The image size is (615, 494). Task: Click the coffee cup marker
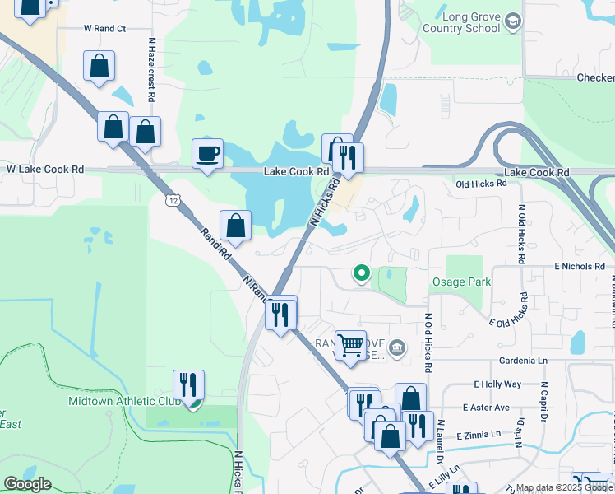point(207,153)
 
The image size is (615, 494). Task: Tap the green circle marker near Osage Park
point(360,273)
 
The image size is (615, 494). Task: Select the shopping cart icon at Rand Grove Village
point(350,344)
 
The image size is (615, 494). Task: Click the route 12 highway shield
point(171,200)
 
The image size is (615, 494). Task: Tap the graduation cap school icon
point(513,21)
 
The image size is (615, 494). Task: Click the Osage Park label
point(461,282)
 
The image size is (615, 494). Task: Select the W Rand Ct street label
point(104,28)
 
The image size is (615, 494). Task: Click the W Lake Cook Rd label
point(45,169)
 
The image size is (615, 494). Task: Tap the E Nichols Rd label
point(579,267)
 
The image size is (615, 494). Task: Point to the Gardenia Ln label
point(523,361)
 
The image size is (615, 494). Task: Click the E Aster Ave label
point(486,408)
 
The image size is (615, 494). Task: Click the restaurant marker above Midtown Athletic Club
point(189,384)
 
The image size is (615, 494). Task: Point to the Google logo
point(27,484)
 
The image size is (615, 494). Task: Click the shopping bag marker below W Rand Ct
point(99,67)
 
